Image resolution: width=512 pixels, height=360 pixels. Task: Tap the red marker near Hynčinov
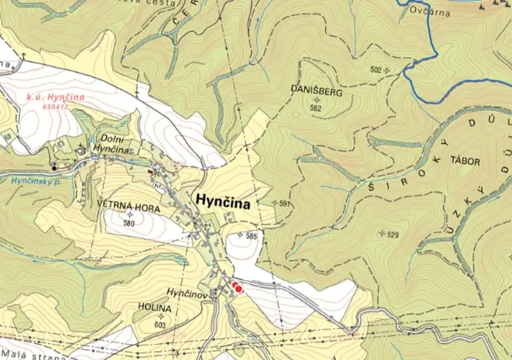pyautogui.click(x=237, y=288)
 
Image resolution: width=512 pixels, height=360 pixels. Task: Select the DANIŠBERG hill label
pyautogui.click(x=316, y=91)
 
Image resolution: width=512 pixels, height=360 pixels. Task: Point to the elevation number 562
pyautogui.click(x=316, y=108)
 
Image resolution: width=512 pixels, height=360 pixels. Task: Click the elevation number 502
pyautogui.click(x=376, y=70)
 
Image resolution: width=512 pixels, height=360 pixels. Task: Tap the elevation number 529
pyautogui.click(x=393, y=234)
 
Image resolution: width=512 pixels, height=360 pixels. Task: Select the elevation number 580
pyautogui.click(x=128, y=223)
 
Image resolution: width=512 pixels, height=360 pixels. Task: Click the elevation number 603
pyautogui.click(x=160, y=325)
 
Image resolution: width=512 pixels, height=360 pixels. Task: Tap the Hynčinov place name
pyautogui.click(x=185, y=293)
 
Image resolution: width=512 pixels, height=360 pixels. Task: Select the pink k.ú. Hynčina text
pyautogui.click(x=53, y=98)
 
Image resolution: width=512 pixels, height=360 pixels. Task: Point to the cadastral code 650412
pyautogui.click(x=55, y=107)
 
